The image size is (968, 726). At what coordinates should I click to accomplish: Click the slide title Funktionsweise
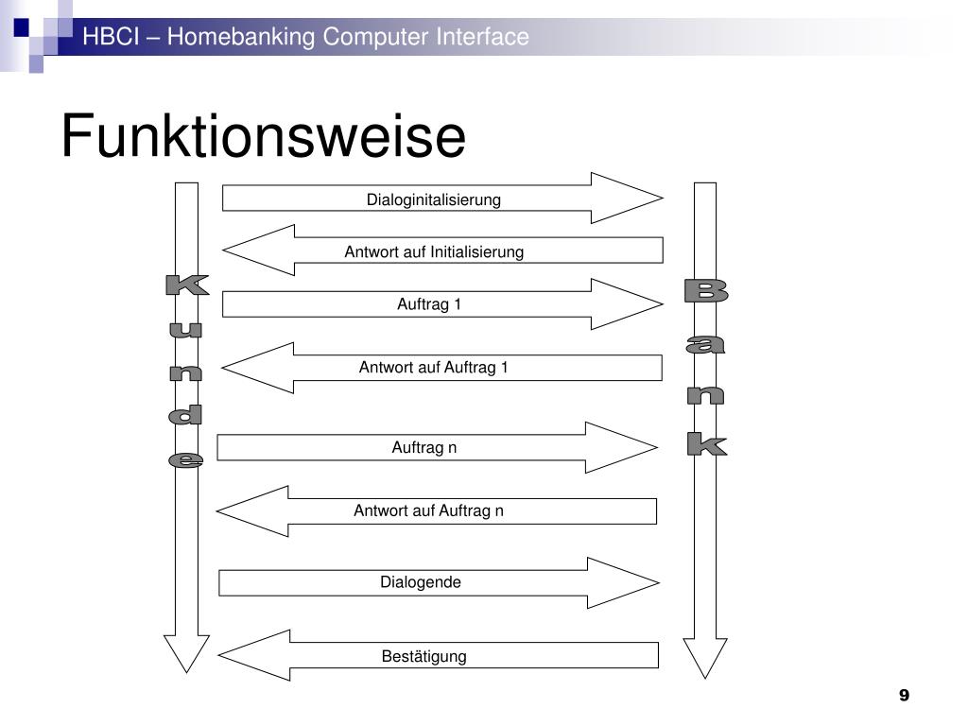[x=263, y=137]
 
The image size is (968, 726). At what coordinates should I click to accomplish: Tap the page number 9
[x=904, y=696]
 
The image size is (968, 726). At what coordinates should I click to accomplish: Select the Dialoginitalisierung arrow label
[x=434, y=199]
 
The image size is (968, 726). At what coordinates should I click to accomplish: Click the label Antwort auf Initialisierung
[x=434, y=251]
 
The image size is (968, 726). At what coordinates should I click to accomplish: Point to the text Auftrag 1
[x=429, y=304]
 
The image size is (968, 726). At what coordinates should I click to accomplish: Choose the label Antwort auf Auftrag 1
[x=434, y=368]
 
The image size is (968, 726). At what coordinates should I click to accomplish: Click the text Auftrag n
[x=424, y=447]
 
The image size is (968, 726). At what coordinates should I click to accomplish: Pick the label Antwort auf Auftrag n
[x=429, y=511]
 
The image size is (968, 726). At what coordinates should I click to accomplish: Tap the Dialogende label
[x=421, y=582]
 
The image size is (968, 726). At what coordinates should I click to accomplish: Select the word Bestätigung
[x=424, y=656]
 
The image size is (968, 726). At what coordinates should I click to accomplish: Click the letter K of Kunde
[x=186, y=285]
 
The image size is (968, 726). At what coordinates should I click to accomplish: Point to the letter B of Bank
[x=705, y=292]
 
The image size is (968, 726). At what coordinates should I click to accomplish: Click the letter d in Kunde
[x=186, y=415]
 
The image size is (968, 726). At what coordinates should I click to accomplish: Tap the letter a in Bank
[x=705, y=346]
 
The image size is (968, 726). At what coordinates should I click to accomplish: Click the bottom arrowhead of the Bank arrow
[x=704, y=656]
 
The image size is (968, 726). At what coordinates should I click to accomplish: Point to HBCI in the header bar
[x=104, y=37]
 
